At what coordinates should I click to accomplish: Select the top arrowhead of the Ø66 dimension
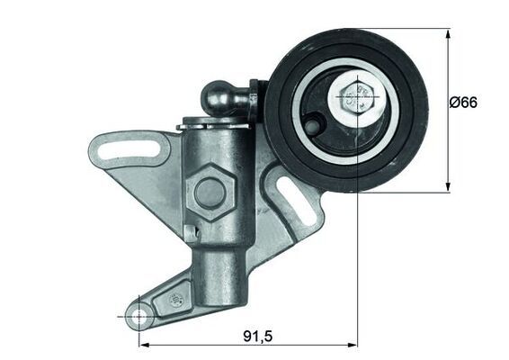[x=448, y=33]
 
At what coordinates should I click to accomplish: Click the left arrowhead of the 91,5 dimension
[x=142, y=345]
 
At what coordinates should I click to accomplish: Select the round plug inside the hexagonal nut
[x=210, y=191]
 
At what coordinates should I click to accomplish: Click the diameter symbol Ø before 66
[x=454, y=103]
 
